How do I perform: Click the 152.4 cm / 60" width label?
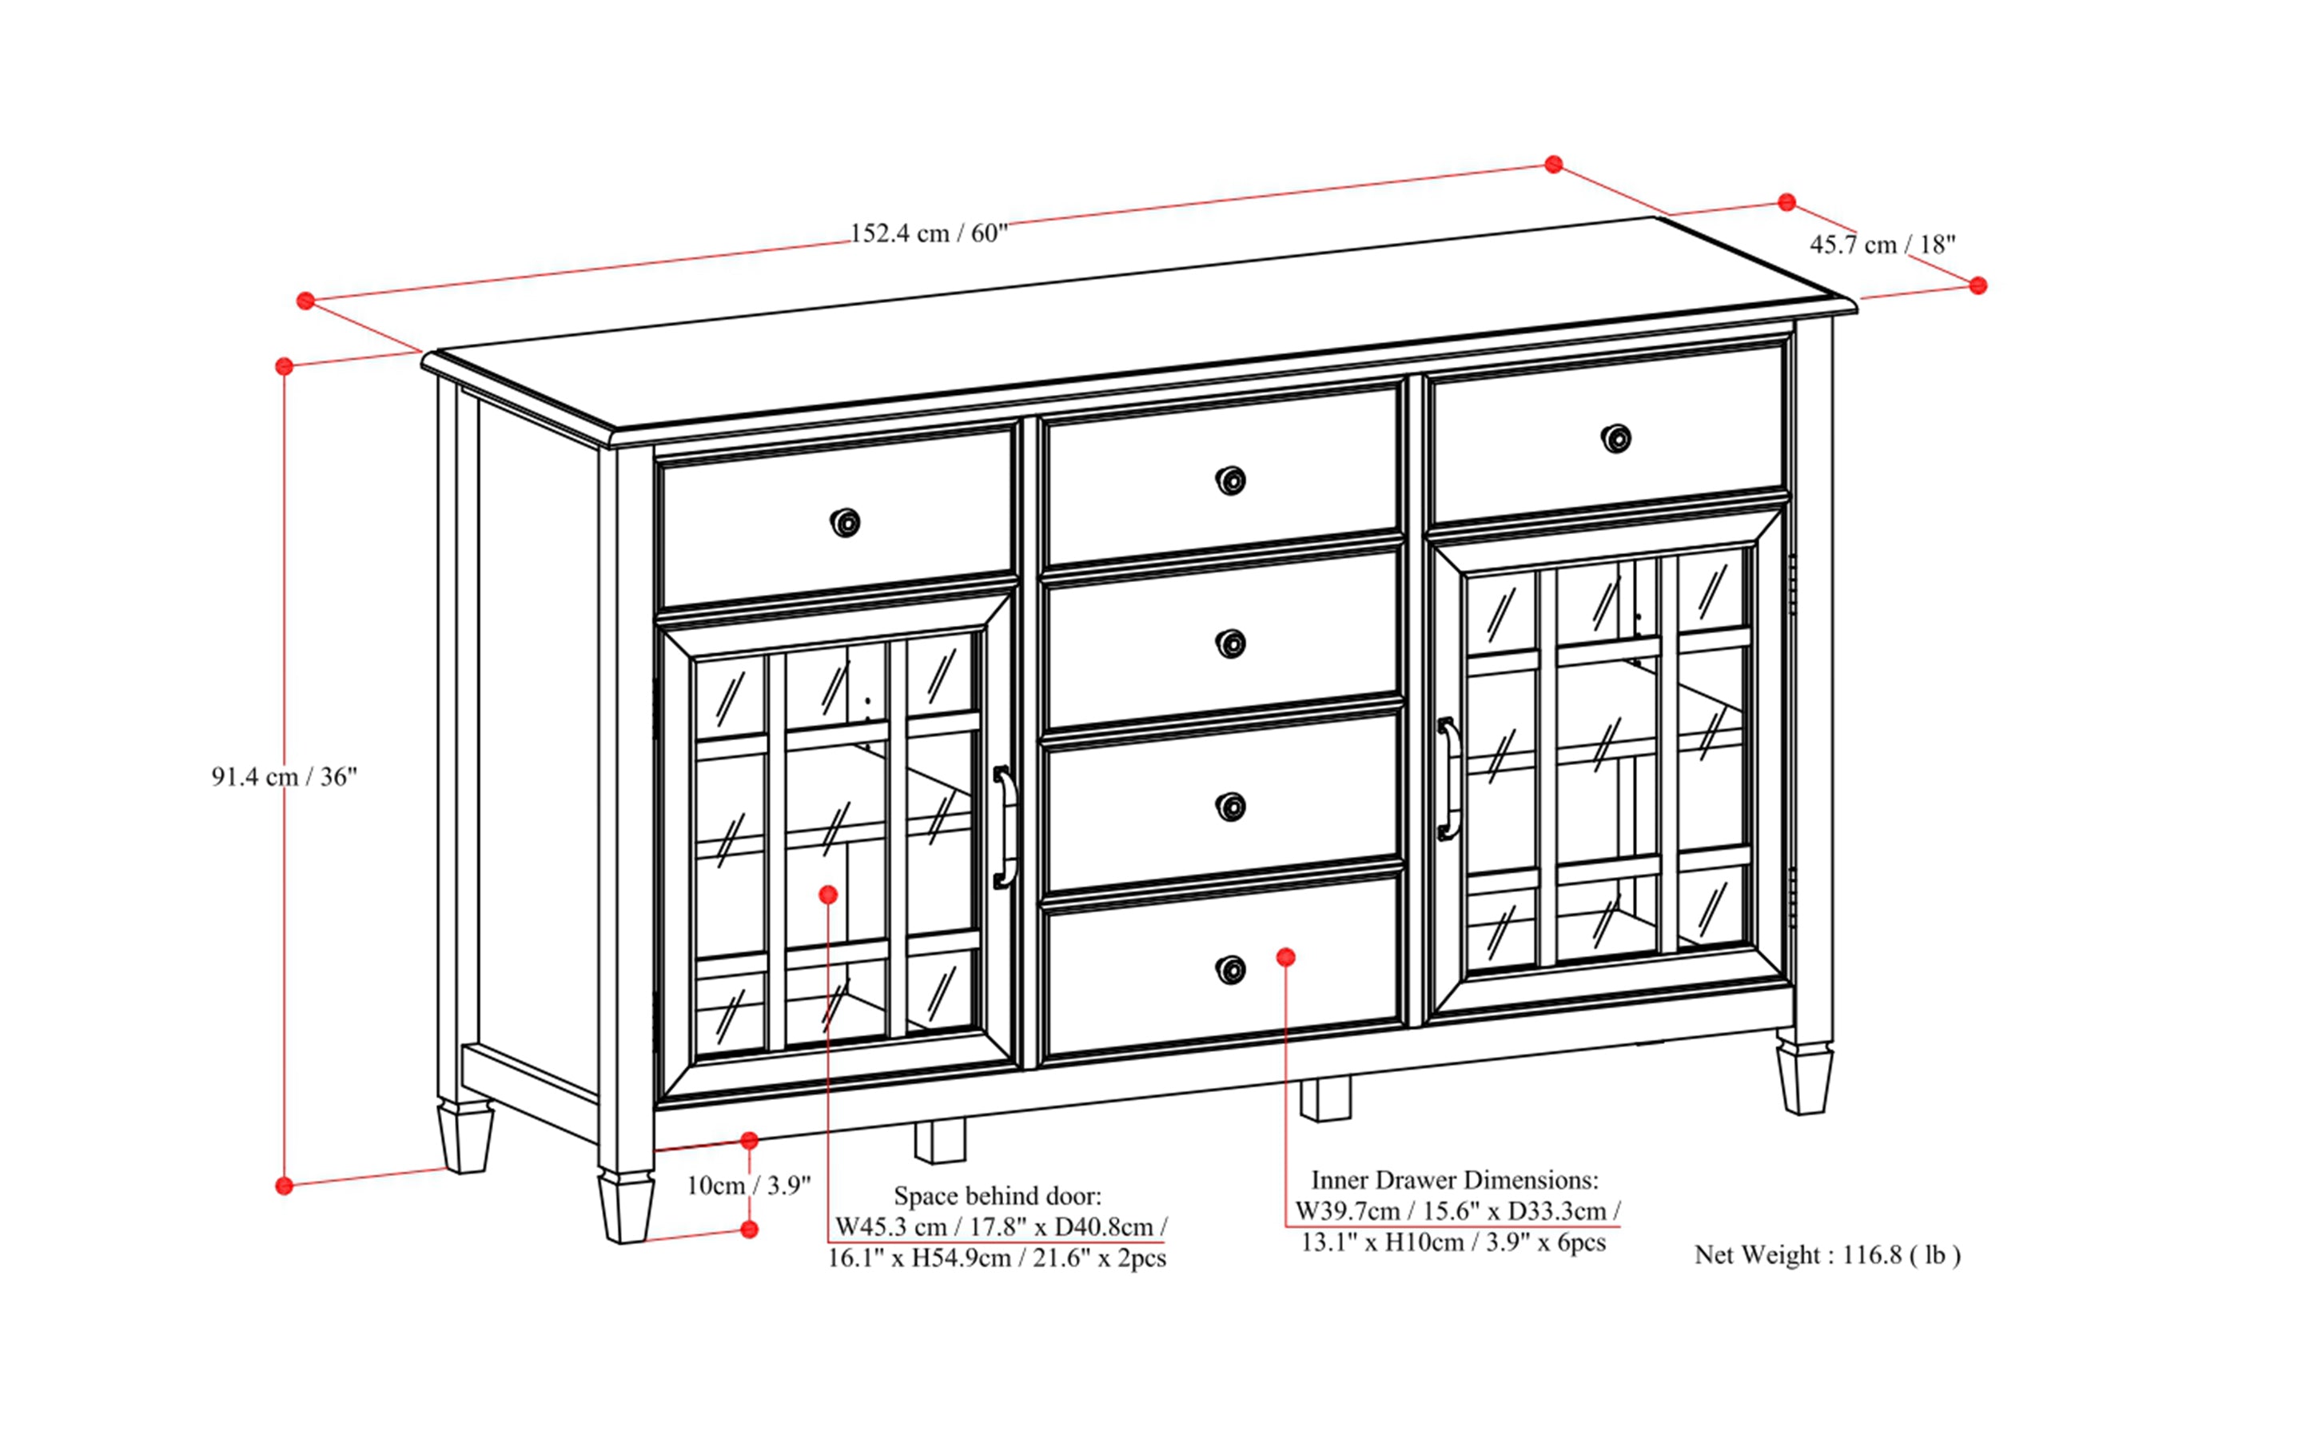[x=928, y=233]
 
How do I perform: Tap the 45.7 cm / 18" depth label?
[x=1882, y=245]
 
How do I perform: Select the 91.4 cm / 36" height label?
[x=285, y=776]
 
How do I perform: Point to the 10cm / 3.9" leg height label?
[x=748, y=1186]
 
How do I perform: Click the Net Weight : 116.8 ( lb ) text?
[x=1826, y=1254]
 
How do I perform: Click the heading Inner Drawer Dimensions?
[x=1454, y=1180]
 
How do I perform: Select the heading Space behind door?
[x=997, y=1195]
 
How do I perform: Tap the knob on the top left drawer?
[x=845, y=523]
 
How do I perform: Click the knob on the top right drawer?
[x=1616, y=438]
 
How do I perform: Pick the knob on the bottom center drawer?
[x=1231, y=968]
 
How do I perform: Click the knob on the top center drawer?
[x=1231, y=480]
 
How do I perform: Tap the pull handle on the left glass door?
[x=1004, y=827]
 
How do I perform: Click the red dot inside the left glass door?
[x=829, y=895]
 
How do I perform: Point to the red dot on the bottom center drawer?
[x=1286, y=957]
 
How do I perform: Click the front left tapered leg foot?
[x=626, y=1208]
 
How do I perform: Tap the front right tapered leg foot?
[x=1804, y=1078]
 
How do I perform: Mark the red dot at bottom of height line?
[x=285, y=1186]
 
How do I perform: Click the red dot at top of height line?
[x=285, y=366]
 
